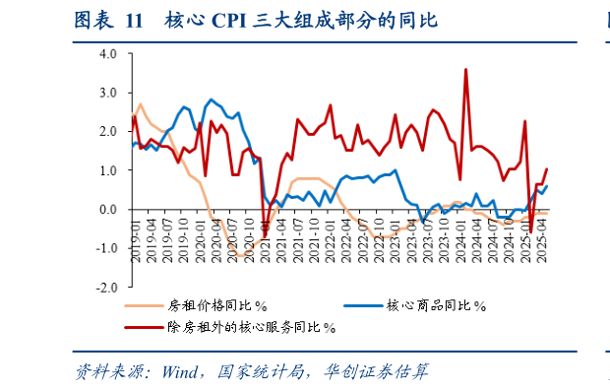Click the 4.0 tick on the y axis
pyautogui.click(x=107, y=53)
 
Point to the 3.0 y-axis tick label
pyautogui.click(x=107, y=92)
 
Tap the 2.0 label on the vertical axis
pyautogui.click(x=107, y=131)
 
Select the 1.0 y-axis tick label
pyautogui.click(x=107, y=170)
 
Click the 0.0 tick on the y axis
pyautogui.click(x=107, y=210)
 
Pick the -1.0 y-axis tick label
pyautogui.click(x=105, y=248)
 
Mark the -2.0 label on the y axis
pyautogui.click(x=105, y=288)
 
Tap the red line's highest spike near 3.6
pyautogui.click(x=465, y=69)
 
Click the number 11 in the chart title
pyautogui.click(x=134, y=21)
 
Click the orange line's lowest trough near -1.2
pyautogui.click(x=239, y=256)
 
